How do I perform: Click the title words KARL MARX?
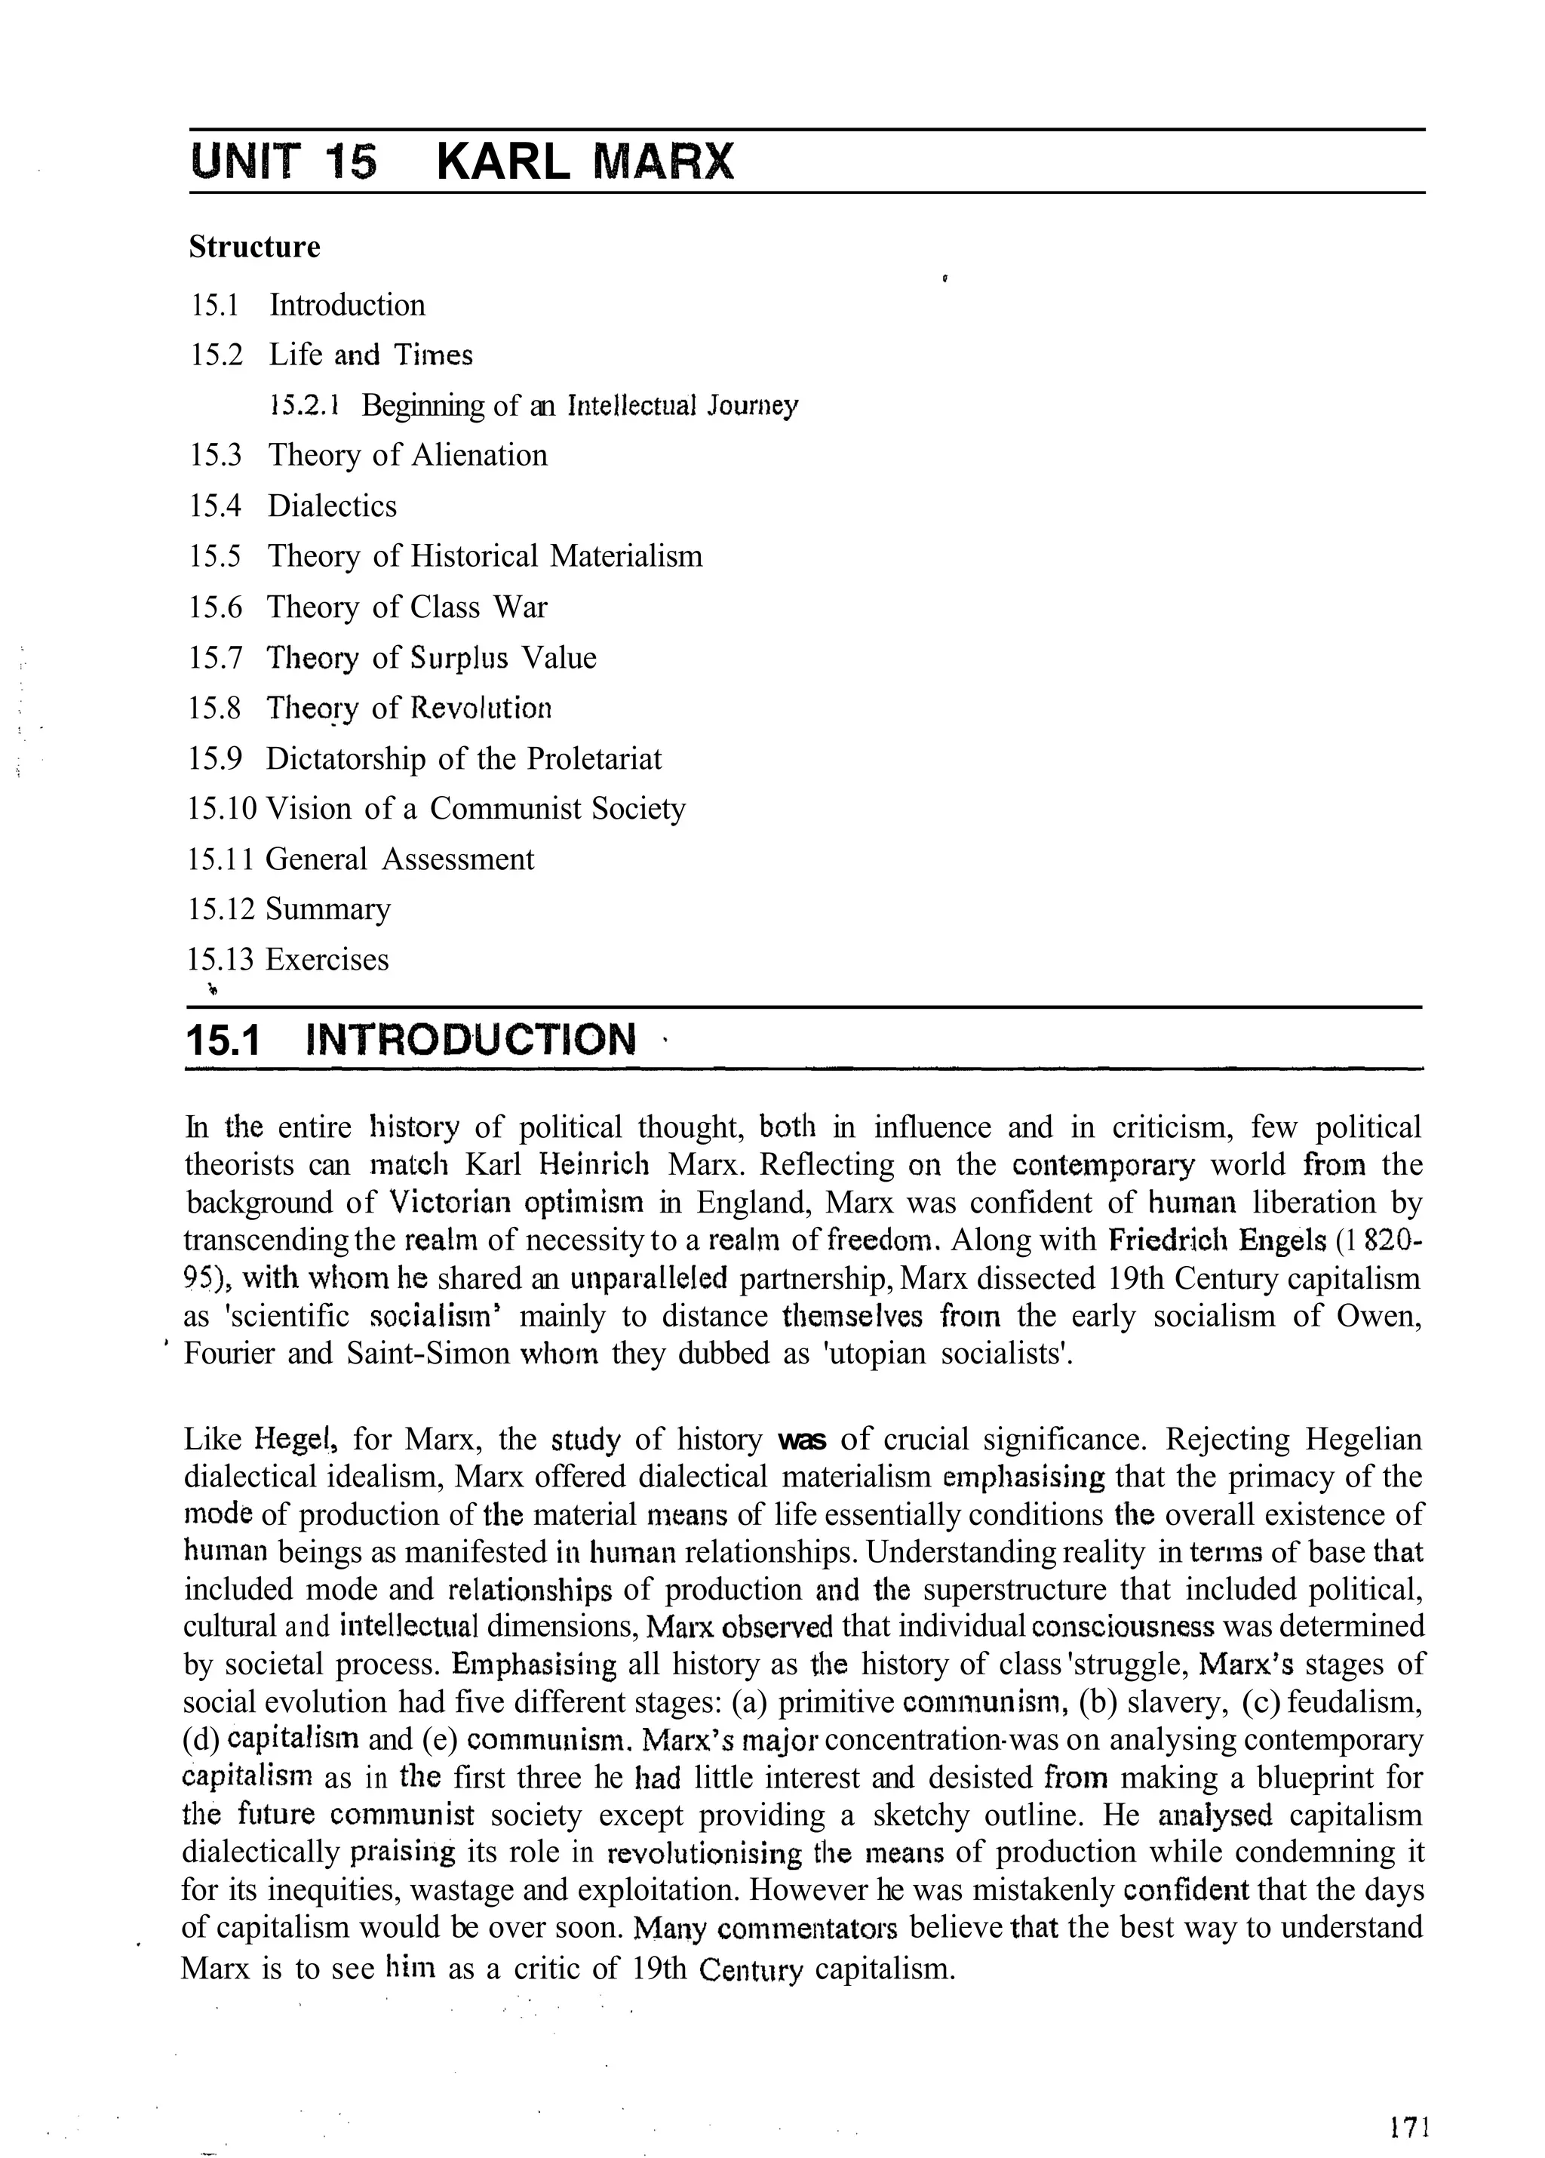tap(585, 161)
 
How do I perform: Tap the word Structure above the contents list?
tap(254, 247)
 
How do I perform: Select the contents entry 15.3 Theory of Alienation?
tap(368, 456)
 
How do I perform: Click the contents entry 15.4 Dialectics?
tap(293, 506)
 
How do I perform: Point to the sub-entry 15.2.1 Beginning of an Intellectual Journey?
tap(533, 406)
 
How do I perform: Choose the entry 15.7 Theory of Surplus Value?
tap(392, 659)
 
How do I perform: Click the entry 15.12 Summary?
tap(289, 910)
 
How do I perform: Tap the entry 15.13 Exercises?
tap(288, 959)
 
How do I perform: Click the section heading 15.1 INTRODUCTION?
tap(411, 1040)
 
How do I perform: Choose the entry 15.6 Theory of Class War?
tap(367, 608)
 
